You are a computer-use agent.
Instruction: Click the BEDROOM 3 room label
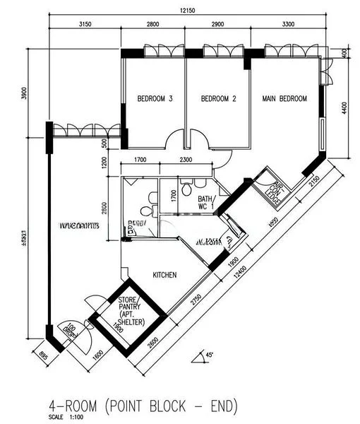(x=155, y=99)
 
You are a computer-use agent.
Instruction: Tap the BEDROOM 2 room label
(x=218, y=99)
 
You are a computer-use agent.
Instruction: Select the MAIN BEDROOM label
(x=284, y=99)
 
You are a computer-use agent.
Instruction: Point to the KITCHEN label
(x=164, y=275)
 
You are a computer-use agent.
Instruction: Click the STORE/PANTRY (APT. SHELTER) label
(x=131, y=312)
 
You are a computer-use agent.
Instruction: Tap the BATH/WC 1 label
(x=205, y=203)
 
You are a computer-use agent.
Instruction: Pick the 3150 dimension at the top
(x=85, y=25)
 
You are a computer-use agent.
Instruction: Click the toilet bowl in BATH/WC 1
(x=186, y=189)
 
